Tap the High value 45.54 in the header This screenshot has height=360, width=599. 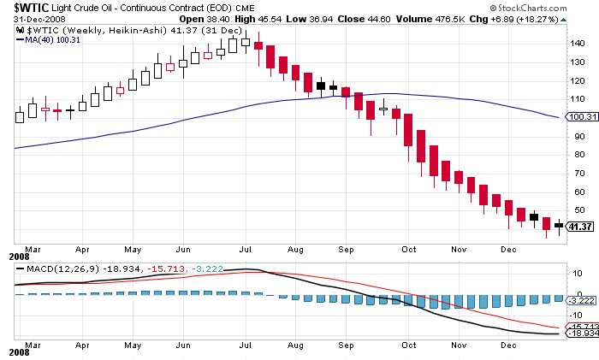point(271,20)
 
